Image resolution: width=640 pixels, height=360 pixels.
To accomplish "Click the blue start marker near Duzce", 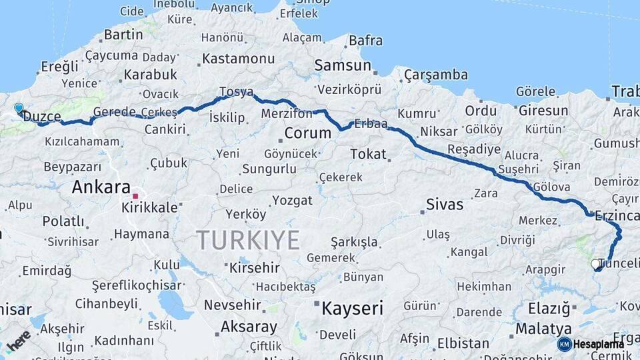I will tap(19, 107).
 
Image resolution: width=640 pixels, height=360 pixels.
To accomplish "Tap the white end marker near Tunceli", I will tap(595, 265).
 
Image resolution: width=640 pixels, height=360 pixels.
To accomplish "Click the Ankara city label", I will tap(101, 187).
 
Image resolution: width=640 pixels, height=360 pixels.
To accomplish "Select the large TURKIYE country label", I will tap(247, 240).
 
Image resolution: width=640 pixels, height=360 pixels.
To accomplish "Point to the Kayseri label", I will tap(352, 308).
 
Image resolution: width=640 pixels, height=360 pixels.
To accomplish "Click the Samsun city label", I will tap(343, 65).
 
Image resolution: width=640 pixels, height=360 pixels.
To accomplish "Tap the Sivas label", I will tap(444, 205).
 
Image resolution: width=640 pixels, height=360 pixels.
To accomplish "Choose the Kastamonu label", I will tap(238, 59).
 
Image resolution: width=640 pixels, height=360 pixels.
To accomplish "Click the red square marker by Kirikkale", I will tap(135, 197).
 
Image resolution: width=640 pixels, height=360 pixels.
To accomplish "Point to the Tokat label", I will tap(368, 154).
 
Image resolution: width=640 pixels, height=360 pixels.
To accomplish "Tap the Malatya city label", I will tap(543, 329).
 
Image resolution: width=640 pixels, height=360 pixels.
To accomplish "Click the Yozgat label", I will tap(291, 200).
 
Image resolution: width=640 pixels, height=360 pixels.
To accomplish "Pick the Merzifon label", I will tap(287, 113).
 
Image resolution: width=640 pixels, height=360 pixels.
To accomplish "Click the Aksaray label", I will tap(248, 327).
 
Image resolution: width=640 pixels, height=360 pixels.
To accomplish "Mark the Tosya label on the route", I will tap(236, 92).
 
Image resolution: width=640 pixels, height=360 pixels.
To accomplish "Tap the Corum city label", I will tap(307, 133).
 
